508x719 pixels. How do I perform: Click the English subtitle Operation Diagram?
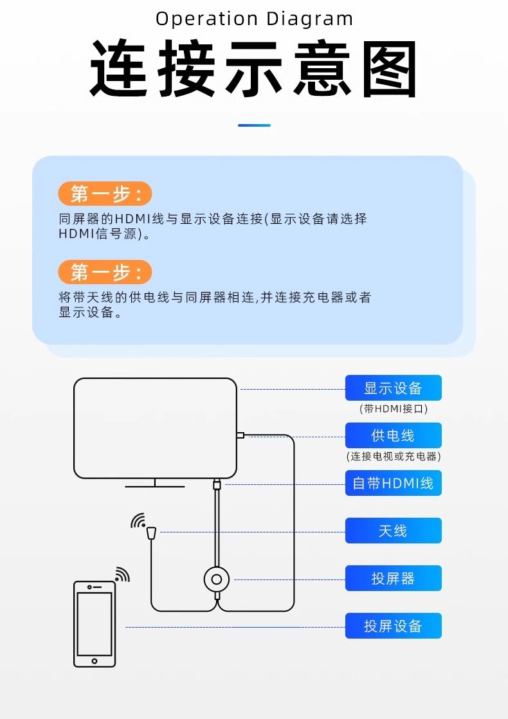254,19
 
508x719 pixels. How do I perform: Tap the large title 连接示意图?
254,69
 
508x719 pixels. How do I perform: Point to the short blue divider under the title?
254,125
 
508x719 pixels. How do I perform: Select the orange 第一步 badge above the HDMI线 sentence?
105,194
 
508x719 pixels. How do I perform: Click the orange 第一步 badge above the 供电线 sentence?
105,272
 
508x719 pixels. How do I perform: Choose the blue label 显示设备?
393,388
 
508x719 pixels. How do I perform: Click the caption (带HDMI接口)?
393,408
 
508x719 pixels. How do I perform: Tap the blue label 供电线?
393,435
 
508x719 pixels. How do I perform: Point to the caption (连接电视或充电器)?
393,457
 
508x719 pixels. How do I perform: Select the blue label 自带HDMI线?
393,483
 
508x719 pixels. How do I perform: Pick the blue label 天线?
393,531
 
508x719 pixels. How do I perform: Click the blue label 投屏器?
393,578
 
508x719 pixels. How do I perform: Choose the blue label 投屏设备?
393,626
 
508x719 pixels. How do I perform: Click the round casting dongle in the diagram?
217,580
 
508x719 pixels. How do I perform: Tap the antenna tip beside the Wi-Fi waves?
152,532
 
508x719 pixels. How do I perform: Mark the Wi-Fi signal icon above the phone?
122,574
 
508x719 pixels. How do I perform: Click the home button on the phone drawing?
95,660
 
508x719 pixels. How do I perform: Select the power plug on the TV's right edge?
240,435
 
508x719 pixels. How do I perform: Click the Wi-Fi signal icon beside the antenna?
138,521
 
